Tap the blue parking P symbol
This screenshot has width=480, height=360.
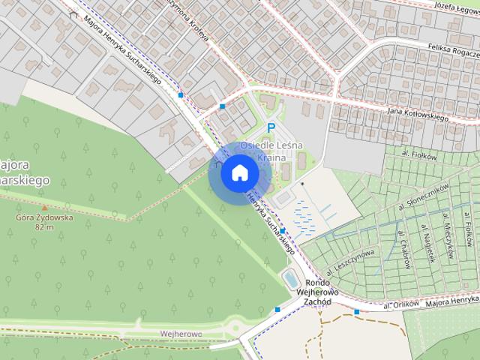[x=272, y=128]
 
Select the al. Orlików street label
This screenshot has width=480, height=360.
[x=399, y=305]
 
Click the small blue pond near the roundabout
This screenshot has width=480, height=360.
[x=288, y=280]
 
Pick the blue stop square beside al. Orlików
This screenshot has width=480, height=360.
[x=357, y=311]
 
